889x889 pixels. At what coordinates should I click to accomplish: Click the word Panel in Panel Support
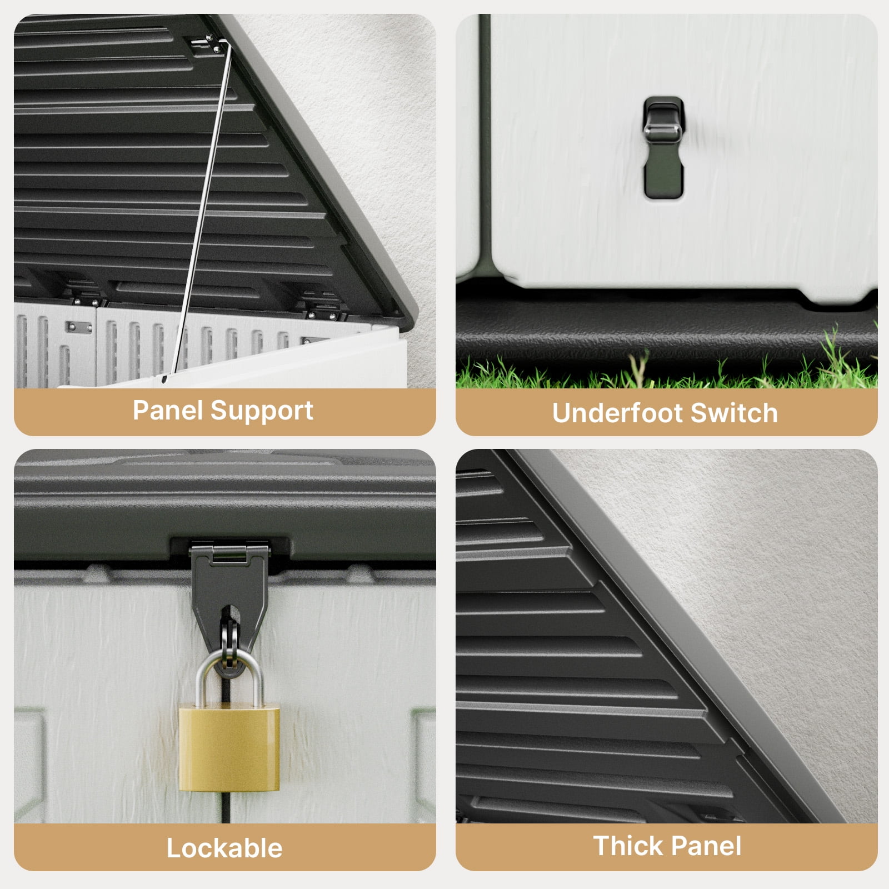168,411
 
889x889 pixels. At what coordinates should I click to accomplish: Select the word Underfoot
617,413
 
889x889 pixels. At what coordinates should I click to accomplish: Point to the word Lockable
224,848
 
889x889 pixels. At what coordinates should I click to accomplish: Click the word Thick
628,846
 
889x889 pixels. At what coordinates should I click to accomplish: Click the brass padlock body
229,747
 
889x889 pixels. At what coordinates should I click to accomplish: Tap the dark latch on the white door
663,147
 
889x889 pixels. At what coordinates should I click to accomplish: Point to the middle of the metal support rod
201,211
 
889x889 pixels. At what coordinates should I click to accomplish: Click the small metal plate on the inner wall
79,327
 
